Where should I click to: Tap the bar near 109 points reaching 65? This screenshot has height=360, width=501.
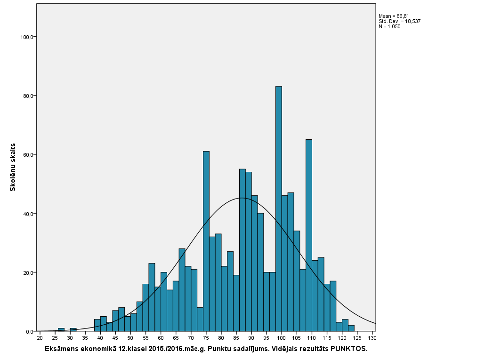click(x=308, y=235)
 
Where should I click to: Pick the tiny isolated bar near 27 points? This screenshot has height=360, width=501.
click(x=61, y=329)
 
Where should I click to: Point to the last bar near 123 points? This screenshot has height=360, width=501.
click(x=351, y=328)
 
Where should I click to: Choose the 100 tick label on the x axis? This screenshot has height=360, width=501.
click(x=282, y=338)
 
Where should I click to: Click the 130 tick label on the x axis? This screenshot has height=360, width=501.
click(x=372, y=338)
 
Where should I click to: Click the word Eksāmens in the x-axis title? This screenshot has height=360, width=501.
click(x=61, y=349)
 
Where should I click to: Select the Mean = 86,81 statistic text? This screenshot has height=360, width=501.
click(x=394, y=16)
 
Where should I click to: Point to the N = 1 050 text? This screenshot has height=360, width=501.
click(x=389, y=26)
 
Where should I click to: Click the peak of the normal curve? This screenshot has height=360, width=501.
click(x=242, y=198)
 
